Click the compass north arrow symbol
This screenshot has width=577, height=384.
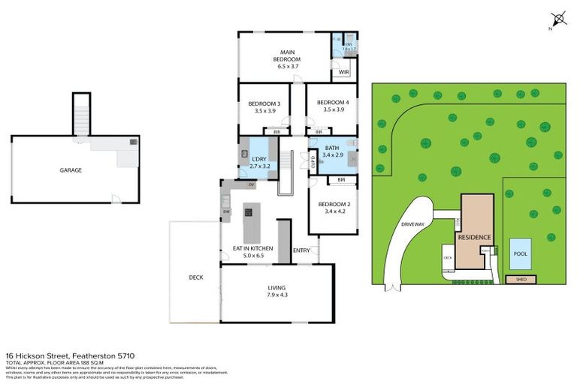557,20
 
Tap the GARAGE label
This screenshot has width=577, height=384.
71,170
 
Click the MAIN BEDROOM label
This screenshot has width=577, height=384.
286,55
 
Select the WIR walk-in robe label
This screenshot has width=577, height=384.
343,73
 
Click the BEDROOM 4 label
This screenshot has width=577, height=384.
332,103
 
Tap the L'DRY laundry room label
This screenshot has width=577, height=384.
259,158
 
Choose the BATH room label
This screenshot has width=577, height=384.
332,148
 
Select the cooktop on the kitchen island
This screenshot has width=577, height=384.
248,212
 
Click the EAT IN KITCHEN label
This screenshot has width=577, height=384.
252,248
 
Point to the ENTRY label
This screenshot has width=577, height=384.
301,250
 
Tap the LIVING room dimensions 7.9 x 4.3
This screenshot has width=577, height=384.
277,295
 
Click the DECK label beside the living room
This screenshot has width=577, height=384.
195,277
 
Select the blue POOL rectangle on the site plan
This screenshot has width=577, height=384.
519,253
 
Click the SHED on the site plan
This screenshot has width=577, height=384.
521,279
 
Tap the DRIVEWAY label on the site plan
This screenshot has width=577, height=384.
412,224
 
